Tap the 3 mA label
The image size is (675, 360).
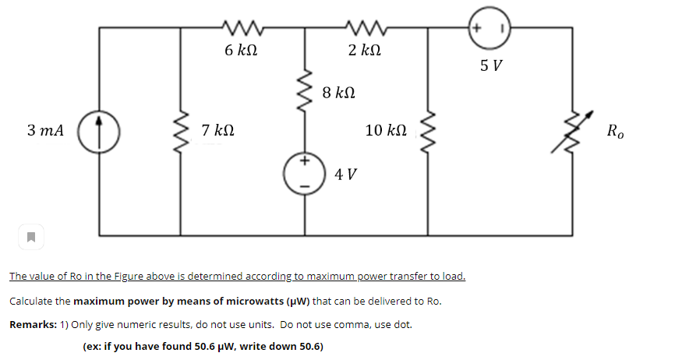coord(44,130)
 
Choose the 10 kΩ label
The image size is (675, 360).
coord(385,130)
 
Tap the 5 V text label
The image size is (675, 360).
coord(491,65)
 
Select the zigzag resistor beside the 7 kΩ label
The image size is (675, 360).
coord(182,130)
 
